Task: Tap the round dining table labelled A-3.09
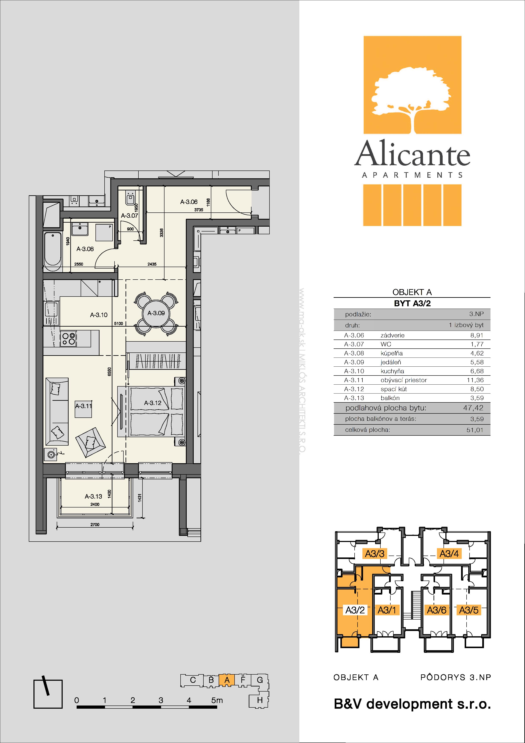pos(156,313)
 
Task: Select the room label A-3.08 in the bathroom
pos(85,249)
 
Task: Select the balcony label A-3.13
pos(94,496)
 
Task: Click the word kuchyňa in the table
pos(392,371)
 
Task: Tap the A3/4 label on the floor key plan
pos(449,554)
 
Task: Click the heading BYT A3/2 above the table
pos(412,303)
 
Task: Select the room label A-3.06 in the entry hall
pos(189,202)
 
